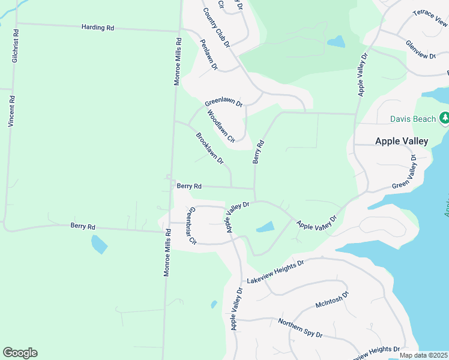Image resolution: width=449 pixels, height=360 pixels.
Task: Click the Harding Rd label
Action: [98, 28]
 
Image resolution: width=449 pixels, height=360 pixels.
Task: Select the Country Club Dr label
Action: [216, 28]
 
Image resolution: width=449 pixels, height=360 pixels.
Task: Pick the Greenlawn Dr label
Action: [223, 102]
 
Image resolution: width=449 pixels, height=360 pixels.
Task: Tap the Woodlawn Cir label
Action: [220, 126]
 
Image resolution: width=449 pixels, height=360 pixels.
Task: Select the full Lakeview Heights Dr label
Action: [276, 272]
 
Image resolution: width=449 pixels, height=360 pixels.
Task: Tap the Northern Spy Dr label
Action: [301, 328]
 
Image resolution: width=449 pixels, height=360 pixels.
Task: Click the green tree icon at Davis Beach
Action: [444, 119]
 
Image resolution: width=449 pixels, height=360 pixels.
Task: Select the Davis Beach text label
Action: [412, 119]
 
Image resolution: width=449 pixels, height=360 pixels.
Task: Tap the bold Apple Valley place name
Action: [401, 141]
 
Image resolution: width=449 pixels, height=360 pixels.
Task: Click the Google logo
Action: [20, 353]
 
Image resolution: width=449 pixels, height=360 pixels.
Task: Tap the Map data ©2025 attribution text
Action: [423, 355]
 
